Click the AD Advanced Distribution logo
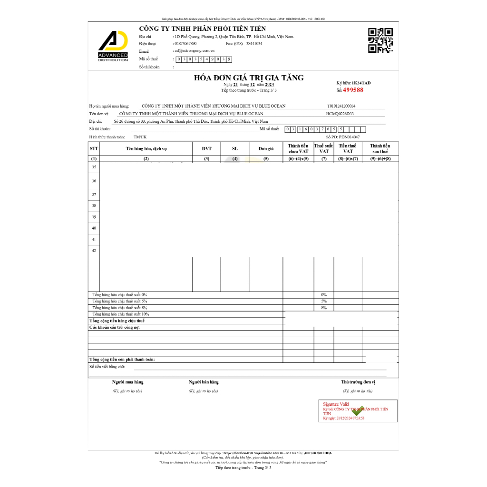[113, 47]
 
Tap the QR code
[380, 40]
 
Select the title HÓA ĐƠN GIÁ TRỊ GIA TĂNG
[248, 78]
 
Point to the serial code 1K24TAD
[361, 83]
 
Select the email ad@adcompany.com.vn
[195, 50]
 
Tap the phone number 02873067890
[185, 44]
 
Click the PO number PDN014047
[349, 137]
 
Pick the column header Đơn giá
[266, 148]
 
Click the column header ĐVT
[206, 148]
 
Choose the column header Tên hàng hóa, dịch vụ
[146, 148]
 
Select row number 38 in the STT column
[94, 205]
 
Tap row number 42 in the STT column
[94, 251]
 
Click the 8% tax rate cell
[323, 308]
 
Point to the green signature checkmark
[357, 411]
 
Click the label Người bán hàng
[204, 382]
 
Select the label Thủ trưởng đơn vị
[358, 382]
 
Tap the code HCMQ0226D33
[340, 114]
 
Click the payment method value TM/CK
[140, 137]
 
